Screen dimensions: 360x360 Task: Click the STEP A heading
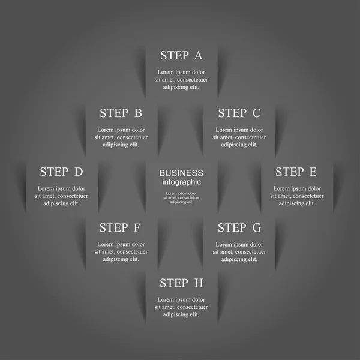181,56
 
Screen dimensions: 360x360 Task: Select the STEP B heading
121,113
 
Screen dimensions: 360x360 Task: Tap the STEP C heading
239,113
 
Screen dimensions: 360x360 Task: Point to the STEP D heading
61,172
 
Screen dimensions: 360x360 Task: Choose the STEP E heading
296,172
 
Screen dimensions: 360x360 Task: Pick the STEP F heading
121,227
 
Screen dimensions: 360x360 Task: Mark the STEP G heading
239,227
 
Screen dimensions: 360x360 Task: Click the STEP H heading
181,283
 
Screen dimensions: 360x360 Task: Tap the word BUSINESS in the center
181,173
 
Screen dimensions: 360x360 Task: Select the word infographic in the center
181,182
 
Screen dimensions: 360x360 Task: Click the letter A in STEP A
198,56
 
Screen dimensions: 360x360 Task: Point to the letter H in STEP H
199,283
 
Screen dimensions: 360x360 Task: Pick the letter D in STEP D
78,172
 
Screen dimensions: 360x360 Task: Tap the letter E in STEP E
312,172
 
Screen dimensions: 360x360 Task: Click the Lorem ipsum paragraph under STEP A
181,79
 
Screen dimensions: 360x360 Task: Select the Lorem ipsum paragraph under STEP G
239,251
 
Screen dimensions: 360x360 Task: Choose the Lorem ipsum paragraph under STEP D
61,196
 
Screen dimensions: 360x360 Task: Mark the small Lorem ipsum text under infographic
181,197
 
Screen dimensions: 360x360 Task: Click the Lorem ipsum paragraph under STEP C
239,137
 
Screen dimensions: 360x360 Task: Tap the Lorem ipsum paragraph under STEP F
121,251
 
